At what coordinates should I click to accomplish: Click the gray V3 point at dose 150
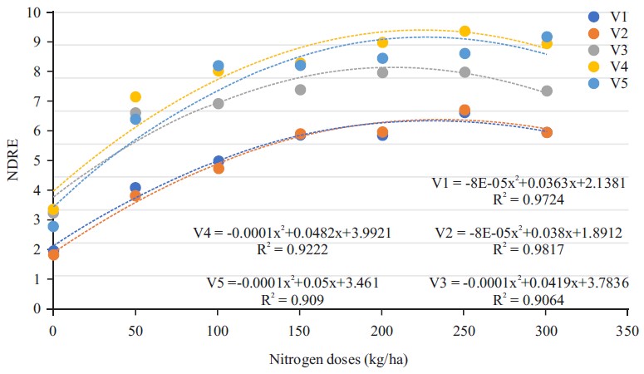pos(300,90)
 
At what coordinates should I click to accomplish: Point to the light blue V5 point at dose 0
pos(53,226)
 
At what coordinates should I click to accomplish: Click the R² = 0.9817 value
pos(528,249)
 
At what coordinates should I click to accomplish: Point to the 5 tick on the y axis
pos(37,160)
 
